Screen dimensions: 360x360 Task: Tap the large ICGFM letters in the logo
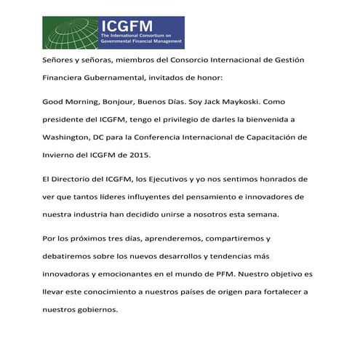128,26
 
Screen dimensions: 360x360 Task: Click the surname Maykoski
248,102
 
